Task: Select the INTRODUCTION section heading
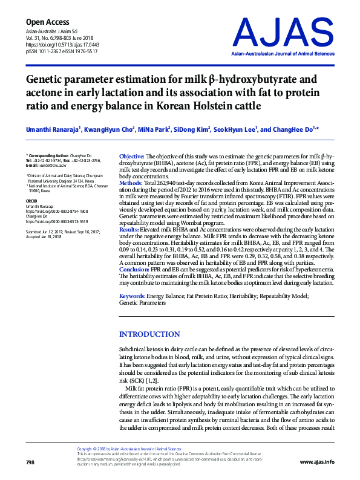tap(149, 334)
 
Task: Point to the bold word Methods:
tap(131, 182)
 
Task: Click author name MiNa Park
tap(152, 129)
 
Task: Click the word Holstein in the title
tap(195, 107)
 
